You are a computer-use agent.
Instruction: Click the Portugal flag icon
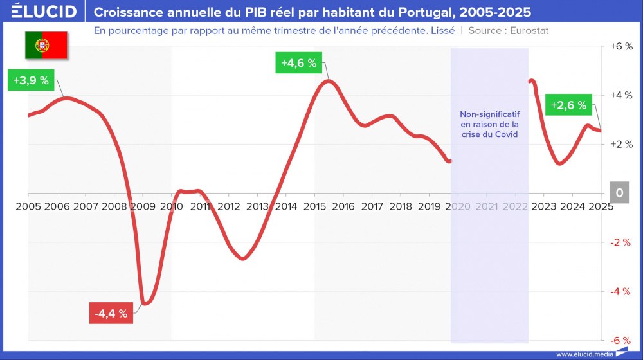click(46, 44)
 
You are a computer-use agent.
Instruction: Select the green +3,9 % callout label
click(31, 80)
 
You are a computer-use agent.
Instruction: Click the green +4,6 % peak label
click(299, 63)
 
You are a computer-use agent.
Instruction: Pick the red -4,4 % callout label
click(111, 313)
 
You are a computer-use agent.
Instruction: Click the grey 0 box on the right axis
click(619, 193)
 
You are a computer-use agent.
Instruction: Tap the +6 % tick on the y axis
click(620, 47)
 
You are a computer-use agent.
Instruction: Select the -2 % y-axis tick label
click(620, 242)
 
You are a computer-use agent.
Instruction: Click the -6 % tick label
click(620, 340)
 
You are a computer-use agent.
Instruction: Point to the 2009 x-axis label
click(142, 206)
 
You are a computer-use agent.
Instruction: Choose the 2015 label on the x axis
click(314, 206)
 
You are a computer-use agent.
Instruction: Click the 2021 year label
click(486, 206)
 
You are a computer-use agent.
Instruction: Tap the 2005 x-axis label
click(28, 206)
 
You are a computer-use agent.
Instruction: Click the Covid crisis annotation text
click(489, 123)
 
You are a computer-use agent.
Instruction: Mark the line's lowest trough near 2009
click(143, 303)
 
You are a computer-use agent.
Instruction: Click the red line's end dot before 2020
click(449, 161)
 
